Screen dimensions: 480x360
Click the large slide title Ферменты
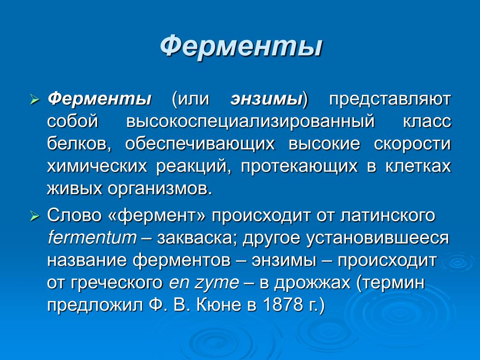pyautogui.click(x=241, y=46)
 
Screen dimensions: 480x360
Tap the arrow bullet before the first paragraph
pyautogui.click(x=35, y=100)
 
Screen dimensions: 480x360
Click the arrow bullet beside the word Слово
pyautogui.click(x=35, y=217)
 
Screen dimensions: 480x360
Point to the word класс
pyautogui.click(x=427, y=121)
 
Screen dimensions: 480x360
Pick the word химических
pyautogui.click(x=97, y=166)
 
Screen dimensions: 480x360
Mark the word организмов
pyautogui.click(x=159, y=189)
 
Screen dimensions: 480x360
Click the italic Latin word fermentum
pyautogui.click(x=92, y=238)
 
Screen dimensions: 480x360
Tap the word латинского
pyautogui.click(x=388, y=216)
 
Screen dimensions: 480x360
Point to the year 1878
pyautogui.click(x=283, y=305)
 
